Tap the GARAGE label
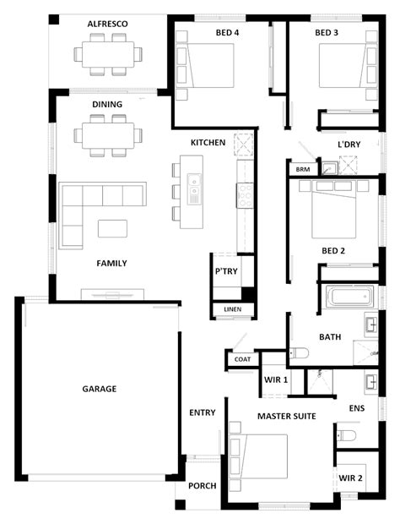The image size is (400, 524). coord(99,389)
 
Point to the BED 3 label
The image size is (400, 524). coord(327,33)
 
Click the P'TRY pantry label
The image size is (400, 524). coord(225,272)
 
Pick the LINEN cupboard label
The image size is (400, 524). coord(232,309)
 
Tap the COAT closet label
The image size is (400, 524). coord(242,359)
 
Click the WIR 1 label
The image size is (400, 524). coord(277,380)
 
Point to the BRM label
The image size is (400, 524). coord(302,170)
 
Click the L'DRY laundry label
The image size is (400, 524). coord(349,145)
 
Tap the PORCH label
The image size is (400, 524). coord(203,486)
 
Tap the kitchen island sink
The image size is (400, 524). coord(194,184)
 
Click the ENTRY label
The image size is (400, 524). coord(203,412)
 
